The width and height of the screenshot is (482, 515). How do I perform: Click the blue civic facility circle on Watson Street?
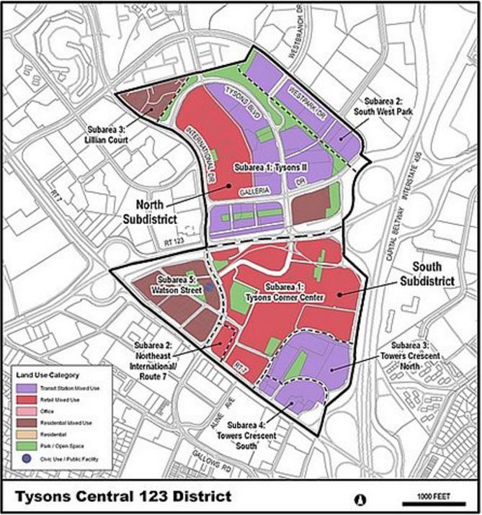[x=209, y=286]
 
